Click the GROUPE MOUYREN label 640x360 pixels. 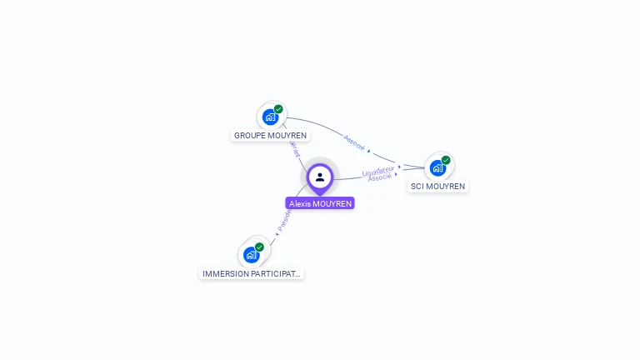coord(270,135)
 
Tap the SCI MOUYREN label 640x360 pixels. coord(437,186)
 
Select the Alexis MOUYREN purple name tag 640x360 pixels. coord(320,203)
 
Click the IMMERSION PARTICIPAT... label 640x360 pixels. coord(252,273)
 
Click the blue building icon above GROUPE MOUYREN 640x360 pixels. coord(269,117)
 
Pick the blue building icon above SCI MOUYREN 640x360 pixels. coord(437,167)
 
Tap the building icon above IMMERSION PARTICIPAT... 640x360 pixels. coord(250,255)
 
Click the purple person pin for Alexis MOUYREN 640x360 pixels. coord(320,177)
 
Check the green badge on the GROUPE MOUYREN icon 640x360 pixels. coord(278,109)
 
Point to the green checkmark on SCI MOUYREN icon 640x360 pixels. coord(446,160)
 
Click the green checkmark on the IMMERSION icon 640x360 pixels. coord(259,247)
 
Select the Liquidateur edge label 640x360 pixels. coord(377,171)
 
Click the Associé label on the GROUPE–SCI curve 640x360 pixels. coord(354,142)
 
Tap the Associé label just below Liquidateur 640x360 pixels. coord(379,177)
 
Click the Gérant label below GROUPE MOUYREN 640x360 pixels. coord(294,147)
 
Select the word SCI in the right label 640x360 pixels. coord(417,186)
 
